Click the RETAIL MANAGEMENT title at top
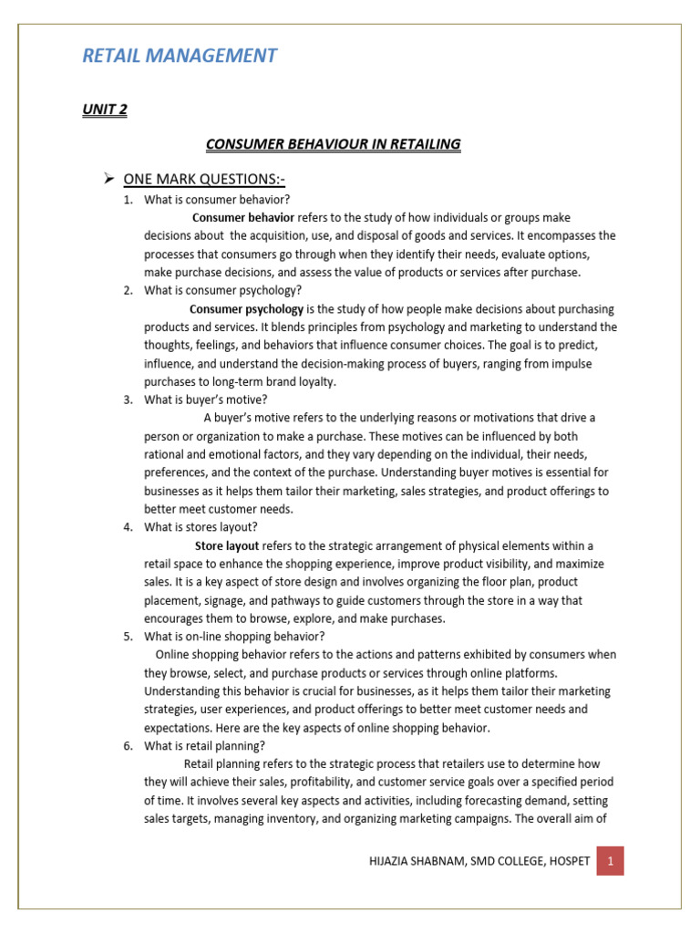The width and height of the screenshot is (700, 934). (x=180, y=56)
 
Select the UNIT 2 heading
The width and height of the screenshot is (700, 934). (x=105, y=109)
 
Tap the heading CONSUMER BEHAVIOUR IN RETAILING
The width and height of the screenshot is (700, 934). (x=333, y=143)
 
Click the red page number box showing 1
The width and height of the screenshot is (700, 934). (x=610, y=859)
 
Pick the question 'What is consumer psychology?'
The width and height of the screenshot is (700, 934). (x=222, y=291)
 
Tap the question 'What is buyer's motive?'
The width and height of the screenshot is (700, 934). (x=206, y=400)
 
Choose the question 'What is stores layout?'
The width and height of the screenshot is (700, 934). (x=201, y=527)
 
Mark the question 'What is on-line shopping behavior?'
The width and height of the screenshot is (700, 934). (x=234, y=637)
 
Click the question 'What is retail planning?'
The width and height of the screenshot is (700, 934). (x=204, y=745)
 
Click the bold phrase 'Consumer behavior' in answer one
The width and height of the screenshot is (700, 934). (x=243, y=218)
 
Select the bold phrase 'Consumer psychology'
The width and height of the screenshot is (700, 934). (x=246, y=309)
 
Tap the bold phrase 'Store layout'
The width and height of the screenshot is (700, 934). (x=227, y=545)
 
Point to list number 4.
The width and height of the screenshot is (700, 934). (x=129, y=527)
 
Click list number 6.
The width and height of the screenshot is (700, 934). (x=129, y=745)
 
